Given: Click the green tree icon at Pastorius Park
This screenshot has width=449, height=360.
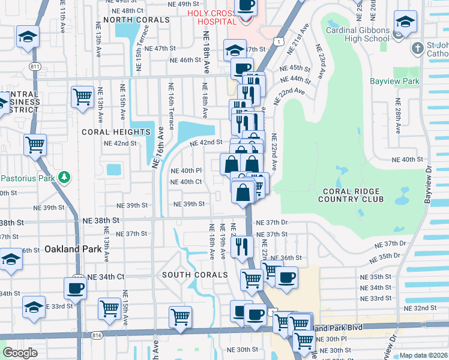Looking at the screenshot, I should (x=62, y=178).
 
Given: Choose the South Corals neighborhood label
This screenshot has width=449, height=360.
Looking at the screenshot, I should (x=195, y=275).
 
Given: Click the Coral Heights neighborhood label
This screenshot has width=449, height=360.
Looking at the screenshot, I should (x=116, y=132).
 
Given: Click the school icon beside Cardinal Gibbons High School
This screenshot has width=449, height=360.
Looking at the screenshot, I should (x=406, y=23).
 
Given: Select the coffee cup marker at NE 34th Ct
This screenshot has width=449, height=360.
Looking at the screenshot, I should (x=76, y=288).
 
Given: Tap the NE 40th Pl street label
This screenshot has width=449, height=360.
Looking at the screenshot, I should (x=186, y=170).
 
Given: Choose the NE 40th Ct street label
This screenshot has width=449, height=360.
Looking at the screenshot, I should (x=186, y=182).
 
